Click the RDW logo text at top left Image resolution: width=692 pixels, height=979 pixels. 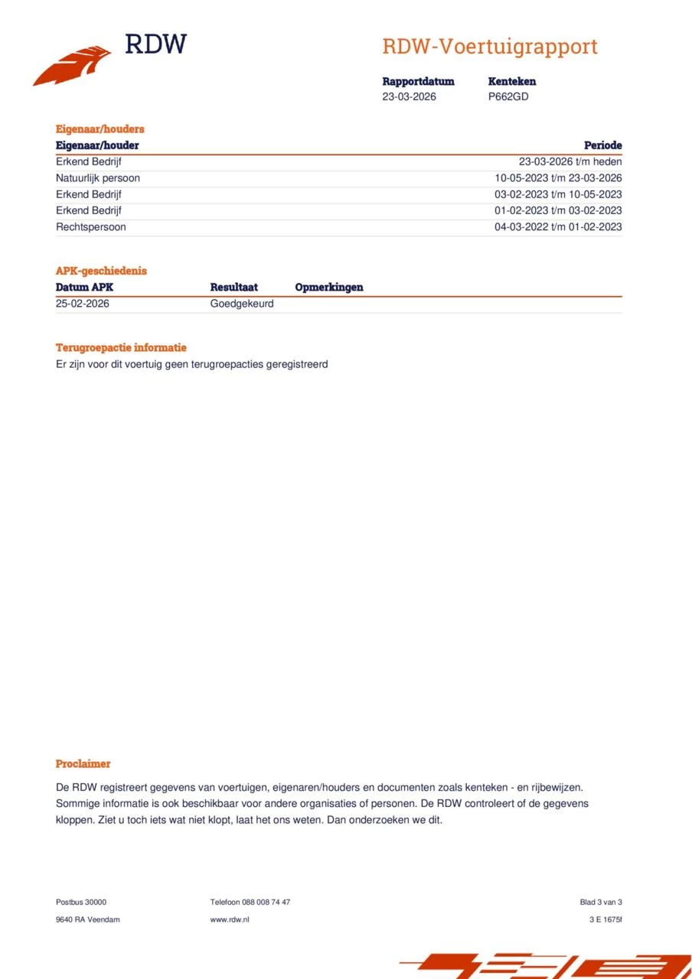point(155,44)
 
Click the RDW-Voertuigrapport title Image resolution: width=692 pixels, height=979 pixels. point(489,47)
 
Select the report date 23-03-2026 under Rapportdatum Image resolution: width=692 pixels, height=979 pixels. point(409,97)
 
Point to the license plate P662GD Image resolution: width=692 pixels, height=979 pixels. point(508,97)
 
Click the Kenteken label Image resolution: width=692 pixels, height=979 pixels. point(511,81)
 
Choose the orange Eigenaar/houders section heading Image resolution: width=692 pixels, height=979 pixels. point(100,129)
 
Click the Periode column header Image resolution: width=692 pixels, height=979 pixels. point(602,145)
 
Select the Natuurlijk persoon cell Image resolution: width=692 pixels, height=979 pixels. point(97,178)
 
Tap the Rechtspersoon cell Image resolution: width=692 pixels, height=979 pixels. point(90,227)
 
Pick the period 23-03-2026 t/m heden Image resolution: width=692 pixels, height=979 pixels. point(570,162)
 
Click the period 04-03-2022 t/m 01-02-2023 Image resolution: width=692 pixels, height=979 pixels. point(557,227)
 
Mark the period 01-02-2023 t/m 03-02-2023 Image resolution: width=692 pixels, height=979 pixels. point(557,210)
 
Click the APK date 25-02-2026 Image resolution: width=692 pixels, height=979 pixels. point(82,304)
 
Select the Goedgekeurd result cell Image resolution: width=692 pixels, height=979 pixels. point(241,304)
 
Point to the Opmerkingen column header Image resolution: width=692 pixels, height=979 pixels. point(328,288)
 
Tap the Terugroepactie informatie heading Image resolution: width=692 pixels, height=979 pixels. point(120,348)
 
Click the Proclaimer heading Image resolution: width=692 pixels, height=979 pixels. point(83,764)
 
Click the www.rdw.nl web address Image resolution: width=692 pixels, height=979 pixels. point(229,919)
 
